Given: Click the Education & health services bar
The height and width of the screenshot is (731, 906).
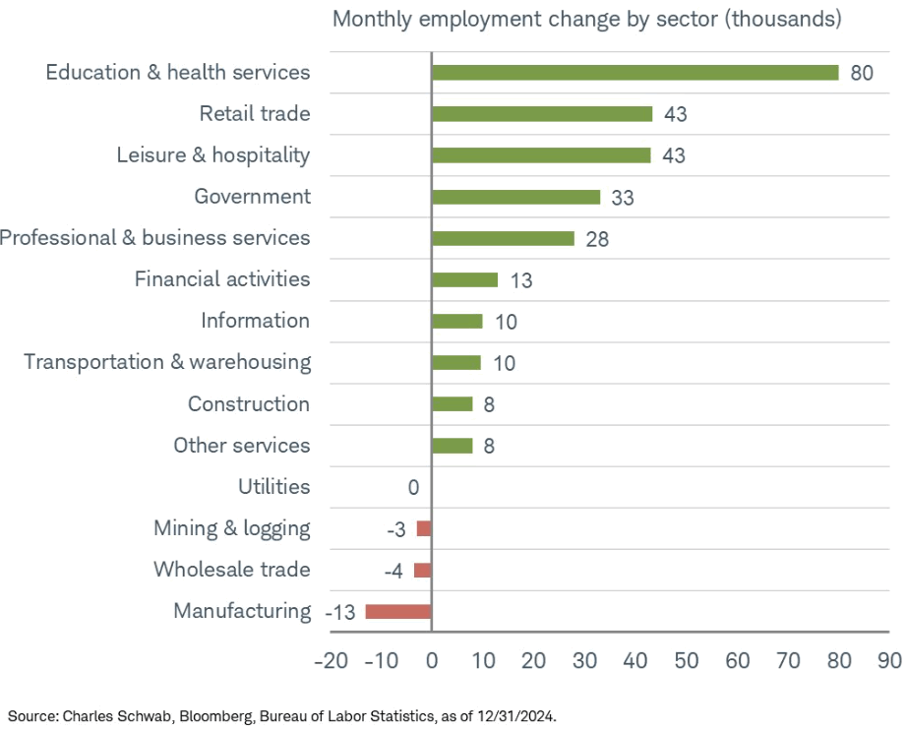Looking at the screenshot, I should coord(634,73).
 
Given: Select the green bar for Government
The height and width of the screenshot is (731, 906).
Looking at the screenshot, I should coord(515,197).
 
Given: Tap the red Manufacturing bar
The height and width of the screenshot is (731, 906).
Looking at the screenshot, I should coord(398,611).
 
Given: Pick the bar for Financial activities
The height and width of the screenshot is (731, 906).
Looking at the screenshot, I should coord(464,279).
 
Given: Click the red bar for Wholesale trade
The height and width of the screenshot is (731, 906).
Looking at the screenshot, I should coord(422,570).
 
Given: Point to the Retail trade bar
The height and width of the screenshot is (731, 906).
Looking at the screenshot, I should coord(542,114).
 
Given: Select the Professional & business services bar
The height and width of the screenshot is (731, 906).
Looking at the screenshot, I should coord(503,238).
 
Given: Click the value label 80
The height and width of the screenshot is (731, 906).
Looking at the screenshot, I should coord(862,74).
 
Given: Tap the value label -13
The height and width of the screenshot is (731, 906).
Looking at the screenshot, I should coord(339,613).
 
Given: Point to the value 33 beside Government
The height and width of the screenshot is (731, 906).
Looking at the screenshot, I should coord(622,198).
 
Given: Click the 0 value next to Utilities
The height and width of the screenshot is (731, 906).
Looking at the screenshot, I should coord(413,488).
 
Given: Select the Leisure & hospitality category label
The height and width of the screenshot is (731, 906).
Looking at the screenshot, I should coord(212,155).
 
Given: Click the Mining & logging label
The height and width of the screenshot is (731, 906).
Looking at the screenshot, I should coord(231,528).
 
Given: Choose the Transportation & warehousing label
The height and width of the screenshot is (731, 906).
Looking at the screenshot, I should coord(167,362).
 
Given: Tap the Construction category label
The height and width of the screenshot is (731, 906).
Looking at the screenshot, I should coord(249,404).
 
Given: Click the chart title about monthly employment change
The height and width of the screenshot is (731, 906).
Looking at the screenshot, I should coord(586,20).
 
